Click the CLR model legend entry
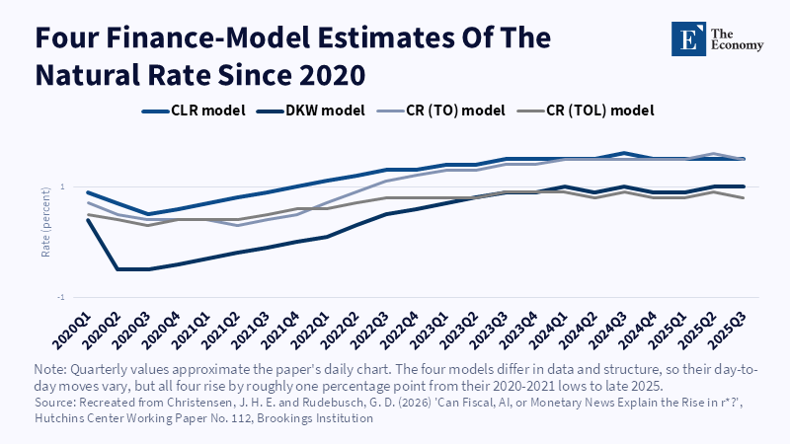tap(194, 111)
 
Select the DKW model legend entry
tap(311, 111)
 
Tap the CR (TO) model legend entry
tap(441, 111)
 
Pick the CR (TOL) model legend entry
tap(586, 111)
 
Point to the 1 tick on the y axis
tap(63, 186)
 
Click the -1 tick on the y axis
tap(61, 298)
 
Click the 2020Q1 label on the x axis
tap(72, 331)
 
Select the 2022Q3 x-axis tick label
tap(369, 331)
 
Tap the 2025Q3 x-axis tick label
tap(726, 331)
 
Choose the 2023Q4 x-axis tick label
tap(517, 331)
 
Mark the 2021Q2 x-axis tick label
tap(220, 331)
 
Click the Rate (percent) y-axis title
tap(45, 222)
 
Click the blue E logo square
tap(688, 38)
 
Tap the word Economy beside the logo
tap(737, 45)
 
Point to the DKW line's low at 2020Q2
tap(118, 269)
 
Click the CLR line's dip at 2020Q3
tap(147, 214)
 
